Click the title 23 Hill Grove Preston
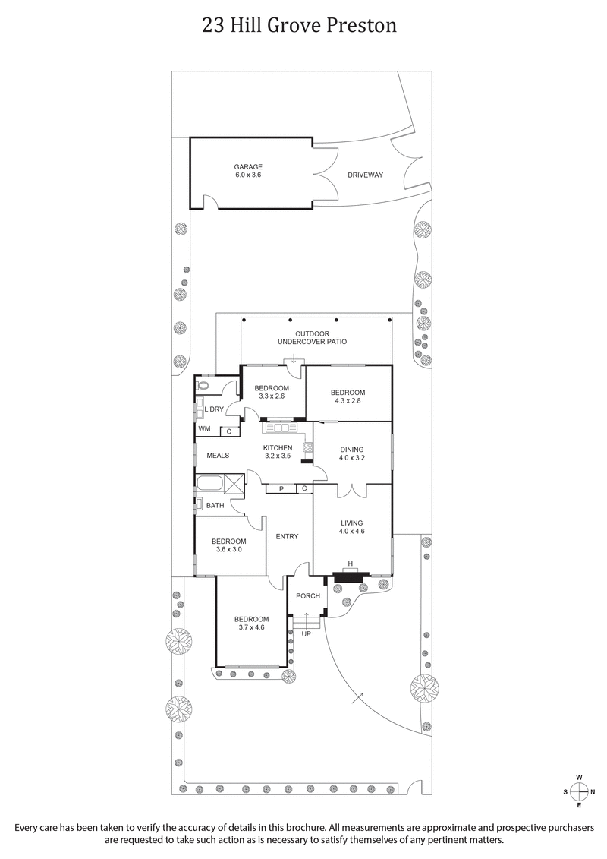click(x=300, y=26)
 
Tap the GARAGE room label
click(x=248, y=166)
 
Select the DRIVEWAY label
click(x=365, y=175)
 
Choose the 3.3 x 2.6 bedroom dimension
click(x=272, y=396)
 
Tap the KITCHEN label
click(x=278, y=448)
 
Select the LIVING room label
click(x=351, y=523)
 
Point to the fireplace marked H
click(x=350, y=564)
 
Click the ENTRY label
click(x=287, y=537)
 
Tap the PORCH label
click(x=307, y=595)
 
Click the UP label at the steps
click(x=307, y=633)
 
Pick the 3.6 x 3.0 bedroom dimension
click(x=228, y=549)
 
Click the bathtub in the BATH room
click(x=209, y=483)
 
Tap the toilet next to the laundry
click(x=202, y=386)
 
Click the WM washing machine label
click(x=204, y=429)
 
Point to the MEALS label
click(x=218, y=456)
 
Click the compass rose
click(x=578, y=791)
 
